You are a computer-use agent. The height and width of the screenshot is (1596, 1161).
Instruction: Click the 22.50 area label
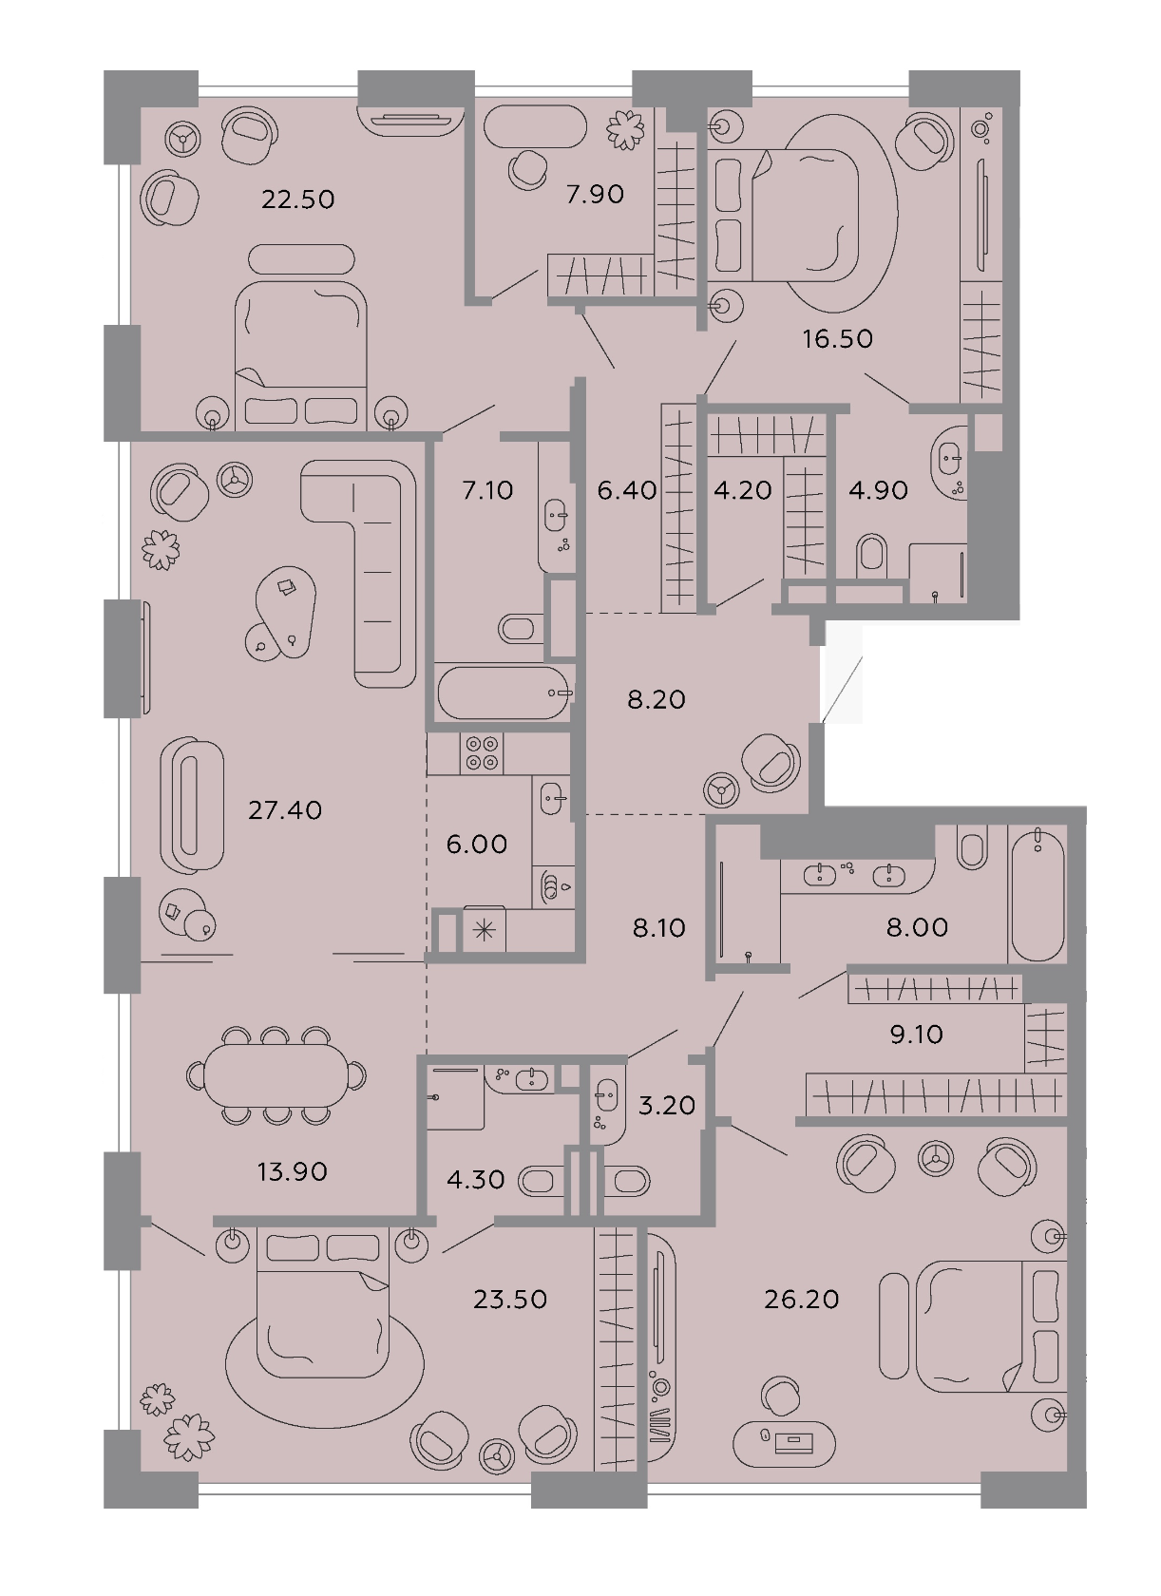tap(298, 199)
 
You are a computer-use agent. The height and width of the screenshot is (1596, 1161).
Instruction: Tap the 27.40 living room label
tap(285, 810)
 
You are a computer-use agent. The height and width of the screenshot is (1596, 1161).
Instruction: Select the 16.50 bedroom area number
tap(837, 338)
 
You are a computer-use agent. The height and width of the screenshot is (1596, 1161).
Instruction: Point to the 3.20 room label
tap(666, 1105)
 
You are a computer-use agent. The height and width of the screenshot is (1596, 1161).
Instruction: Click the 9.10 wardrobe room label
tap(917, 1034)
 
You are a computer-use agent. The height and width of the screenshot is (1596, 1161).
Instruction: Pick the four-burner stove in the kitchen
tap(482, 754)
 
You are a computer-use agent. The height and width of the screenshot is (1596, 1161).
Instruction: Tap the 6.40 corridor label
tap(627, 490)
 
